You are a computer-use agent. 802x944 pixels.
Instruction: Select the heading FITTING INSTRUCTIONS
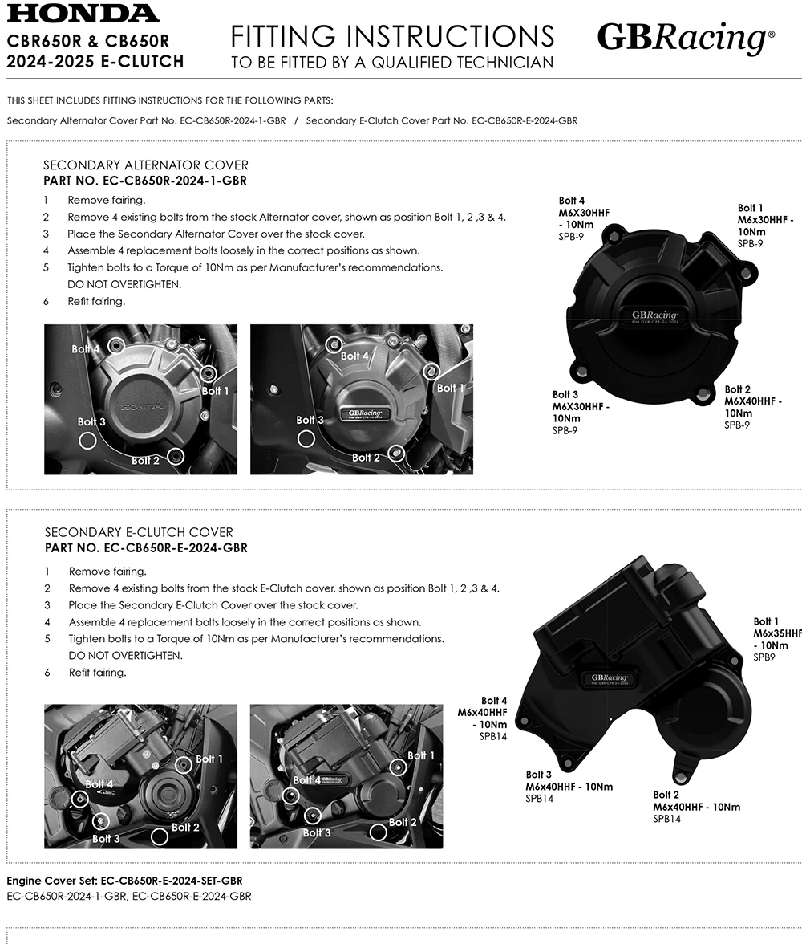click(x=392, y=36)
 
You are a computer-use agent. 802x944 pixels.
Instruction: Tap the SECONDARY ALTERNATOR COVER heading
click(x=146, y=165)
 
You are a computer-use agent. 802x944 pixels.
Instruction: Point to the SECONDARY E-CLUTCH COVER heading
click(x=139, y=532)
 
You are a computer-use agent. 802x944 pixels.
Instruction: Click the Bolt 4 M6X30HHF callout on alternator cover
click(x=584, y=212)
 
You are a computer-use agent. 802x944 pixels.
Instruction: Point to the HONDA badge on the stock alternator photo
click(x=141, y=408)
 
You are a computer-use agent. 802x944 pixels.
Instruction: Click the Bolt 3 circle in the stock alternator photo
click(x=87, y=440)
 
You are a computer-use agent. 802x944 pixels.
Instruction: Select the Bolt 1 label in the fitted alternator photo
click(x=451, y=388)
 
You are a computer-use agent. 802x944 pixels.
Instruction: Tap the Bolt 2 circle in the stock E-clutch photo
click(x=160, y=836)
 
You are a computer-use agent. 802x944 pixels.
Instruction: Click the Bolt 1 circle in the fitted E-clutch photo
click(x=397, y=767)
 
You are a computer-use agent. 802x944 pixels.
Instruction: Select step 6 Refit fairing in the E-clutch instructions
click(x=97, y=673)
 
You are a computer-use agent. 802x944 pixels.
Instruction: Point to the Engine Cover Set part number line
click(x=124, y=881)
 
